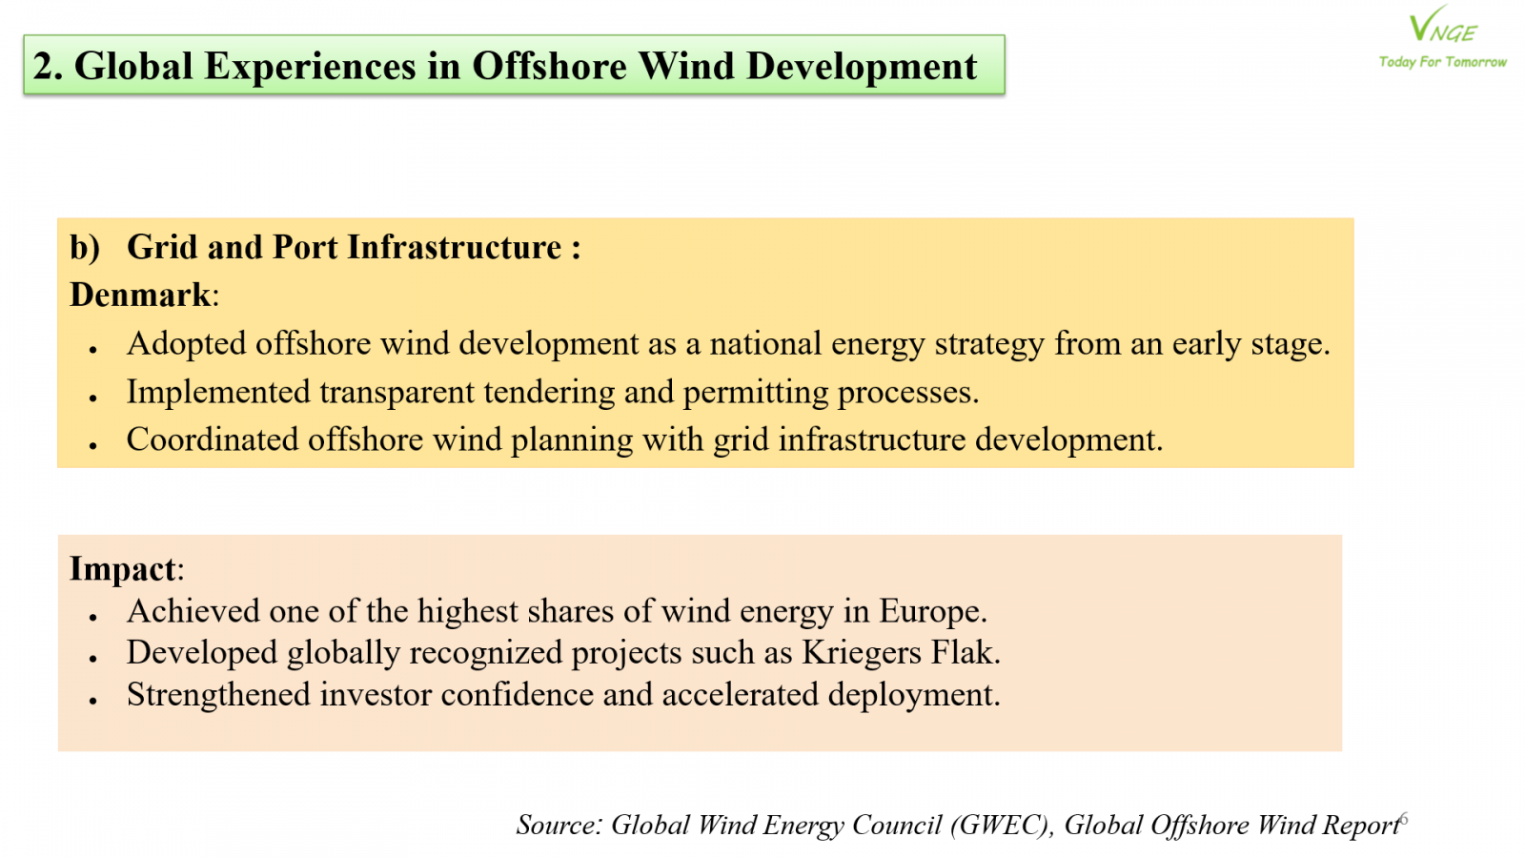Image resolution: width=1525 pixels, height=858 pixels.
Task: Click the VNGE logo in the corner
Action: pos(1442,25)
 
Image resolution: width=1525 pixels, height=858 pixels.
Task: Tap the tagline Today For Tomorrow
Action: pos(1443,62)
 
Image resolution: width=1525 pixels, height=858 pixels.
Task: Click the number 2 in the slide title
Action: pos(48,66)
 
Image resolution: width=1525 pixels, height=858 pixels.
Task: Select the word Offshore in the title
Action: pos(549,66)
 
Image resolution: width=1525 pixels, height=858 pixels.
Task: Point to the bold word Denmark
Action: pos(140,295)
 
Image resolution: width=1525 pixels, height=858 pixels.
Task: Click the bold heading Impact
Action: pos(123,568)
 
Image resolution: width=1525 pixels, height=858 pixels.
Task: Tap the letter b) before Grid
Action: pos(85,247)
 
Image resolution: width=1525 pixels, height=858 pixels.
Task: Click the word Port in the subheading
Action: pos(304,247)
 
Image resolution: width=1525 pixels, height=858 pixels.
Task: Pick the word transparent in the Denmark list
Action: pos(396,393)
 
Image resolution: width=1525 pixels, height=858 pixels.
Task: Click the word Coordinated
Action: pos(213,439)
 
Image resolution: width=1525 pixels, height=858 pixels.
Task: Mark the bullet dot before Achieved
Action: pos(93,617)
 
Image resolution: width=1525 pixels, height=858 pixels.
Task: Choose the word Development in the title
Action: pos(862,67)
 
